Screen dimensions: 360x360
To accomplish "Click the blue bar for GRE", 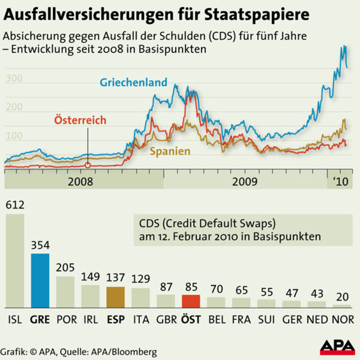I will pos(40,280).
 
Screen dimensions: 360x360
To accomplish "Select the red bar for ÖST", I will pos(191,301).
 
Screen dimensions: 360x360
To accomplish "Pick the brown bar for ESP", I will pos(115,297).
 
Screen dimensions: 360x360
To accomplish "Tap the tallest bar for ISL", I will pos(15,261).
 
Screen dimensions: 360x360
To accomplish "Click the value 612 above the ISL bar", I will pos(15,205).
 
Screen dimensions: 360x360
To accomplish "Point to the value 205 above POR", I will pos(65,267).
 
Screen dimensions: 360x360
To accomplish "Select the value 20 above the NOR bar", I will pos(342,297).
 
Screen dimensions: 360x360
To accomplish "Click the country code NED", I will pos(317,319).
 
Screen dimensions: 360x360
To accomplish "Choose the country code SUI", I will pos(266,319).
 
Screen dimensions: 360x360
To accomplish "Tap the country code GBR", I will pos(166,319).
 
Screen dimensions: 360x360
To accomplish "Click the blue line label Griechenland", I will pos(133,82).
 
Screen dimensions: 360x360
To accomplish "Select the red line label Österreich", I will pos(80,120).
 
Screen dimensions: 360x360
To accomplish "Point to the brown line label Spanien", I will pos(170,151).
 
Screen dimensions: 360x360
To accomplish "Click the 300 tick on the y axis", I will pos(14,78).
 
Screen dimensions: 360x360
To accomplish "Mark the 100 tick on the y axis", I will pos(14,136).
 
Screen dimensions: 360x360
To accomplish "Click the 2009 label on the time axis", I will pos(245,181).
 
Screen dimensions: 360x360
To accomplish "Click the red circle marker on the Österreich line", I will pos(88,165).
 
